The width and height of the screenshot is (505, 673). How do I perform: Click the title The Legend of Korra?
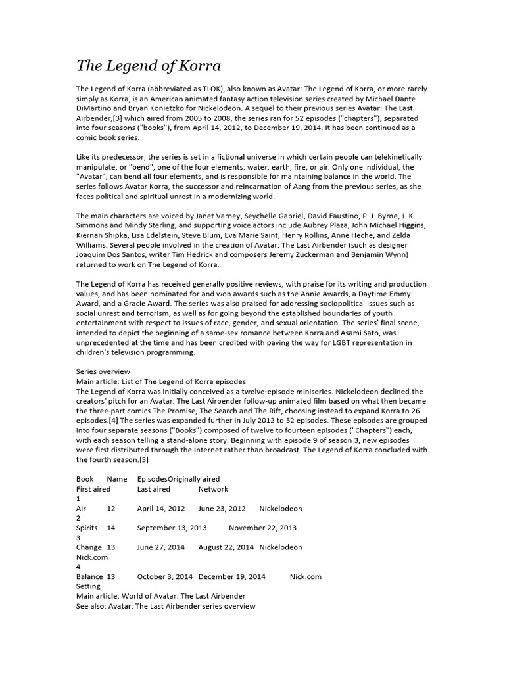(x=149, y=66)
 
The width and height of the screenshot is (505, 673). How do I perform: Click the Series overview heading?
(x=103, y=371)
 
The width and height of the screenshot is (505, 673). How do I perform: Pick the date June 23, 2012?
(x=222, y=509)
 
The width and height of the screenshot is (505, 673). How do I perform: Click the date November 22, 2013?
(x=262, y=528)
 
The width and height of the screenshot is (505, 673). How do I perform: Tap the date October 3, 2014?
(x=165, y=576)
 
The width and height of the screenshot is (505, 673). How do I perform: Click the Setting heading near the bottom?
(x=89, y=586)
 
